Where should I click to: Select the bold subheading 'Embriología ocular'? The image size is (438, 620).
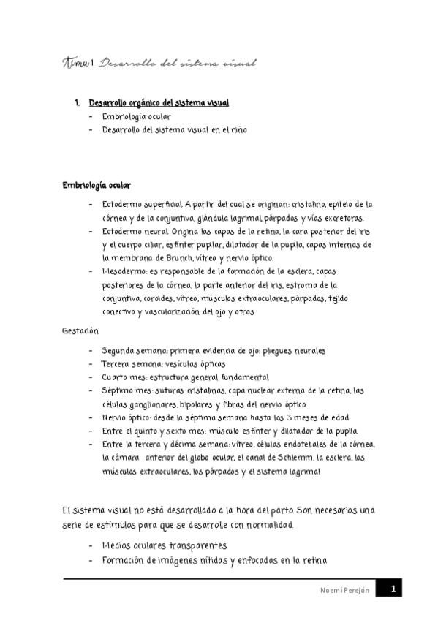coord(97,185)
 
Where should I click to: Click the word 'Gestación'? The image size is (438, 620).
coord(80,331)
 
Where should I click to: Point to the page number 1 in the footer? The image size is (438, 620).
coord(393,589)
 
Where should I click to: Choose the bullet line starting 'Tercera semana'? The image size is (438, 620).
coord(163,364)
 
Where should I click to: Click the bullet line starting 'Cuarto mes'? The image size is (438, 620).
coord(185,377)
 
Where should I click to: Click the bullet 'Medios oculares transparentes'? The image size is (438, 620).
coord(165,546)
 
